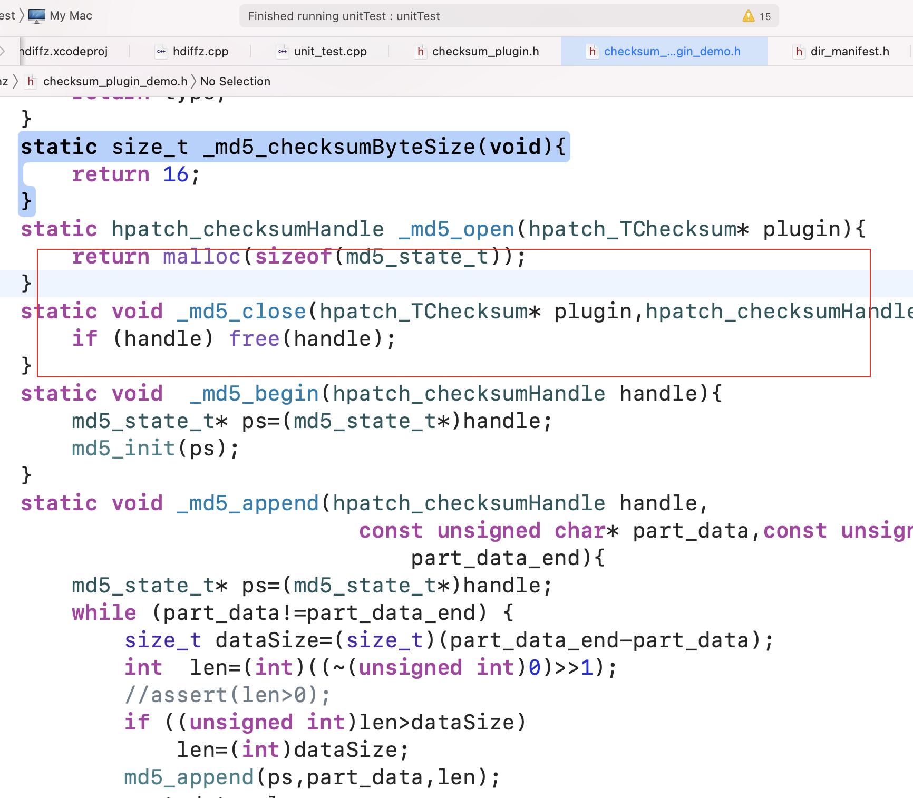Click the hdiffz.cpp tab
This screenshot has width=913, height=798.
click(200, 51)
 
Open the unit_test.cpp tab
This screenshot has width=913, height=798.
click(330, 51)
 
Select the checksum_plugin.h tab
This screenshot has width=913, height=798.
click(485, 51)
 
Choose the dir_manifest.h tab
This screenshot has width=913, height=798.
click(849, 51)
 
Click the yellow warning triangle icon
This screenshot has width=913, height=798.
click(748, 16)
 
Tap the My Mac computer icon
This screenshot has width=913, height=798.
click(37, 16)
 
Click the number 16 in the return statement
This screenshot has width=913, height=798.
click(175, 174)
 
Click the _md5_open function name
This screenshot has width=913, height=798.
click(456, 229)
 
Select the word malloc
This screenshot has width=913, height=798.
click(201, 257)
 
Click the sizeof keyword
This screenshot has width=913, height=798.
click(293, 257)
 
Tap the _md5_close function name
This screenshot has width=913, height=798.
click(241, 312)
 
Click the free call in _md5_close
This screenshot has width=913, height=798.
click(254, 339)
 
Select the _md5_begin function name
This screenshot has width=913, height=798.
click(254, 394)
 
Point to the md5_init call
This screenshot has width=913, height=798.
click(123, 449)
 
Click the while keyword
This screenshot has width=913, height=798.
click(104, 613)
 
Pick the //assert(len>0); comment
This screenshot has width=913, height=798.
click(227, 695)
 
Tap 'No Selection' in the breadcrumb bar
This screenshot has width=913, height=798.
click(235, 81)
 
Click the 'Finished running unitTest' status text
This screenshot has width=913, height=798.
click(343, 16)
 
